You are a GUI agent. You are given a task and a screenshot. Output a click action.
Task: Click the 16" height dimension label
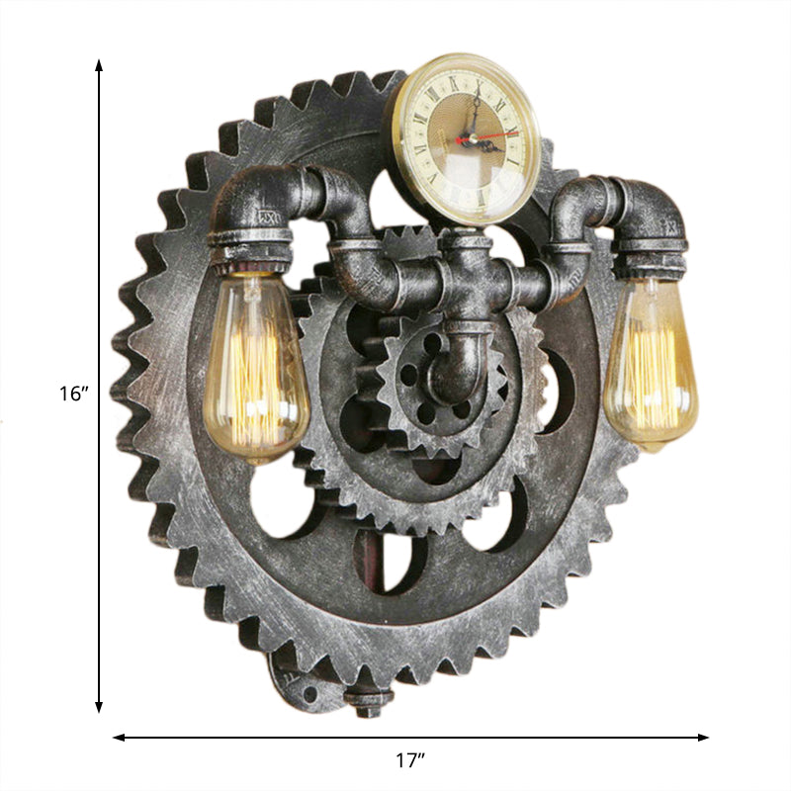pyautogui.click(x=73, y=393)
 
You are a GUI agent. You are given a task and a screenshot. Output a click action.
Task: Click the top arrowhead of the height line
pyautogui.click(x=99, y=65)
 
